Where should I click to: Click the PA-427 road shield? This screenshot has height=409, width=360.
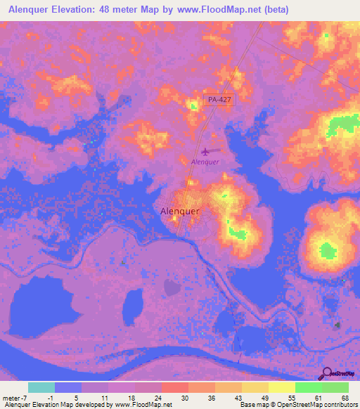coord(220,100)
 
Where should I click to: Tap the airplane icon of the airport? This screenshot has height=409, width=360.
coord(205,151)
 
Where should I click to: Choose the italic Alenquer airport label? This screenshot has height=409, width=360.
coord(205,162)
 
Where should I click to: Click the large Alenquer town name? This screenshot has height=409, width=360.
coord(180,211)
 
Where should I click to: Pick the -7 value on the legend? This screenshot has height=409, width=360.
coord(25,398)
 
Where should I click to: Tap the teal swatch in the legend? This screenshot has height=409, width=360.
coord(41,387)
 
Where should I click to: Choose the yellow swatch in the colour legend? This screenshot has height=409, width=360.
coord(282,387)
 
